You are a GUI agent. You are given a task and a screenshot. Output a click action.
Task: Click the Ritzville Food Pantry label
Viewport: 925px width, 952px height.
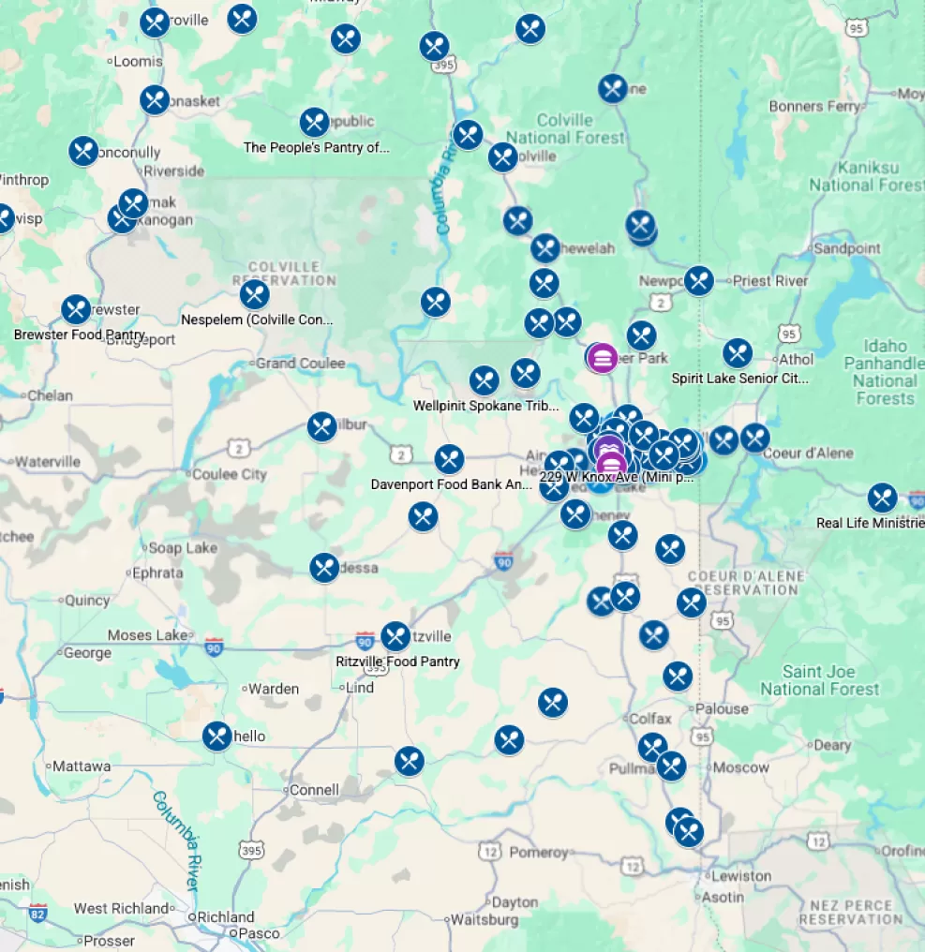tap(397, 662)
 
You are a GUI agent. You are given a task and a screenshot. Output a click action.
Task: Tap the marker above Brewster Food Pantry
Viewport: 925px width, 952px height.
tap(76, 309)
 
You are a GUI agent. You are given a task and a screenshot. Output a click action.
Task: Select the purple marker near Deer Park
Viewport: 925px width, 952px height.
tap(603, 357)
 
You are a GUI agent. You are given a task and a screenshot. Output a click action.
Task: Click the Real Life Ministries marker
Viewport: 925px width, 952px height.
tap(882, 498)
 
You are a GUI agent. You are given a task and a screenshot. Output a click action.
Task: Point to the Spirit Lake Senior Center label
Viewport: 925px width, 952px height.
tap(739, 379)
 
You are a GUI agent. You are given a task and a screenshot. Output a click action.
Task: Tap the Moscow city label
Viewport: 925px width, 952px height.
tap(740, 767)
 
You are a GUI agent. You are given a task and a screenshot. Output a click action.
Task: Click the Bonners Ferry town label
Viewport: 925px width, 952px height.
tap(813, 107)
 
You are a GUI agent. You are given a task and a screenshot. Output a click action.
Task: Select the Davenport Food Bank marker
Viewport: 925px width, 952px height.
tap(449, 459)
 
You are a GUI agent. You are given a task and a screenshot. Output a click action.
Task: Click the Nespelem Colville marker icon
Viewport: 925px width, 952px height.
tap(254, 294)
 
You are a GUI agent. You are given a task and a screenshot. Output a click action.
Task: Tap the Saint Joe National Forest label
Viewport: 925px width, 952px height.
tap(819, 680)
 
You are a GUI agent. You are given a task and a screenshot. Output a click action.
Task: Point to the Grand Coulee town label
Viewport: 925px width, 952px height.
tap(300, 363)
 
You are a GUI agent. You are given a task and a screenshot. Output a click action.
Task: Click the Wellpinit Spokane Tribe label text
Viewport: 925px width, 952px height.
tap(485, 406)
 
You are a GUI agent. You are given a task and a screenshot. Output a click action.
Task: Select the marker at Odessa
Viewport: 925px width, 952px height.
tap(324, 567)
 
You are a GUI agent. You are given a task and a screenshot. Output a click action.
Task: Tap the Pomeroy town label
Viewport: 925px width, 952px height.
tap(538, 853)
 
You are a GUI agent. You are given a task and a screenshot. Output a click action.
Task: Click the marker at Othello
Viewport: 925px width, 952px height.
tap(216, 736)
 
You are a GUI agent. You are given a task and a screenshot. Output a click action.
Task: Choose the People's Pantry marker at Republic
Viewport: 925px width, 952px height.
tap(314, 122)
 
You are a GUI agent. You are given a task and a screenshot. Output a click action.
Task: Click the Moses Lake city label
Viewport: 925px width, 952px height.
tap(147, 635)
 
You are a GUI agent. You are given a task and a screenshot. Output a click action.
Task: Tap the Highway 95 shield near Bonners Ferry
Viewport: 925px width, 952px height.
tap(856, 30)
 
